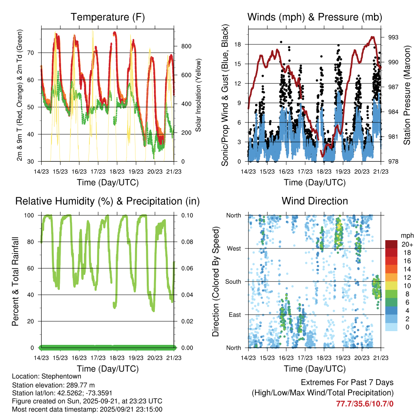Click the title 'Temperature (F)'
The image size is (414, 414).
point(108,17)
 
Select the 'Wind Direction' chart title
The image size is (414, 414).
point(315,201)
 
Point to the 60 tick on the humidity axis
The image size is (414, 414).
point(34,268)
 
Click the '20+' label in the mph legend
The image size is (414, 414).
point(407,244)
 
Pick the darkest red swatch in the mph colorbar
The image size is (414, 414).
point(391,244)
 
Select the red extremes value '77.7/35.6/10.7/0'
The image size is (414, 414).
point(365,403)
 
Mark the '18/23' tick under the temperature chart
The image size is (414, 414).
point(117,171)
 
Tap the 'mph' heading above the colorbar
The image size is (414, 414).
point(406,235)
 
